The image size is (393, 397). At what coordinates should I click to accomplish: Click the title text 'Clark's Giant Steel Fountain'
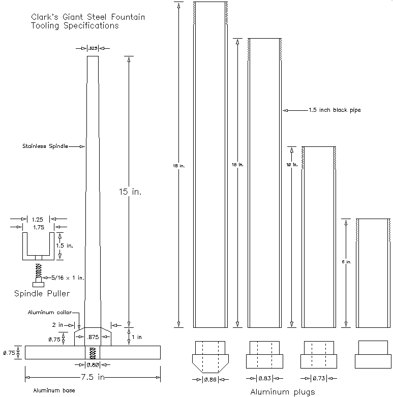[88, 17]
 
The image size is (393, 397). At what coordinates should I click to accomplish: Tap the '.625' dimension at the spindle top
[93, 48]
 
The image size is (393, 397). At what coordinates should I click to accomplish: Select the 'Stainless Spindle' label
[45, 146]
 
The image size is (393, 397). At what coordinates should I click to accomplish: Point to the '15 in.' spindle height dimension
[129, 192]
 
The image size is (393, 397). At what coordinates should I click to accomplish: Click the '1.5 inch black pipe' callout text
[335, 110]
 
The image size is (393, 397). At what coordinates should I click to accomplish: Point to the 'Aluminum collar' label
[50, 312]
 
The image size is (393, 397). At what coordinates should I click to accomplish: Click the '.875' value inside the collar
[93, 337]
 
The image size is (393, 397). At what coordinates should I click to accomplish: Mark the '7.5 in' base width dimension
[92, 377]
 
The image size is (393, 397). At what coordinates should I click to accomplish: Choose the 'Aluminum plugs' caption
[282, 391]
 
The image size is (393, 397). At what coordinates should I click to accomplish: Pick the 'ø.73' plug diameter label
[318, 378]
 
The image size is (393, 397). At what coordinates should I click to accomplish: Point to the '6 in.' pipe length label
[346, 262]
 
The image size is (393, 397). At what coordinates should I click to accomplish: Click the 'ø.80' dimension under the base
[93, 364]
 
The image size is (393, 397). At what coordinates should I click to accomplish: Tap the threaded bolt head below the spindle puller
[38, 283]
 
